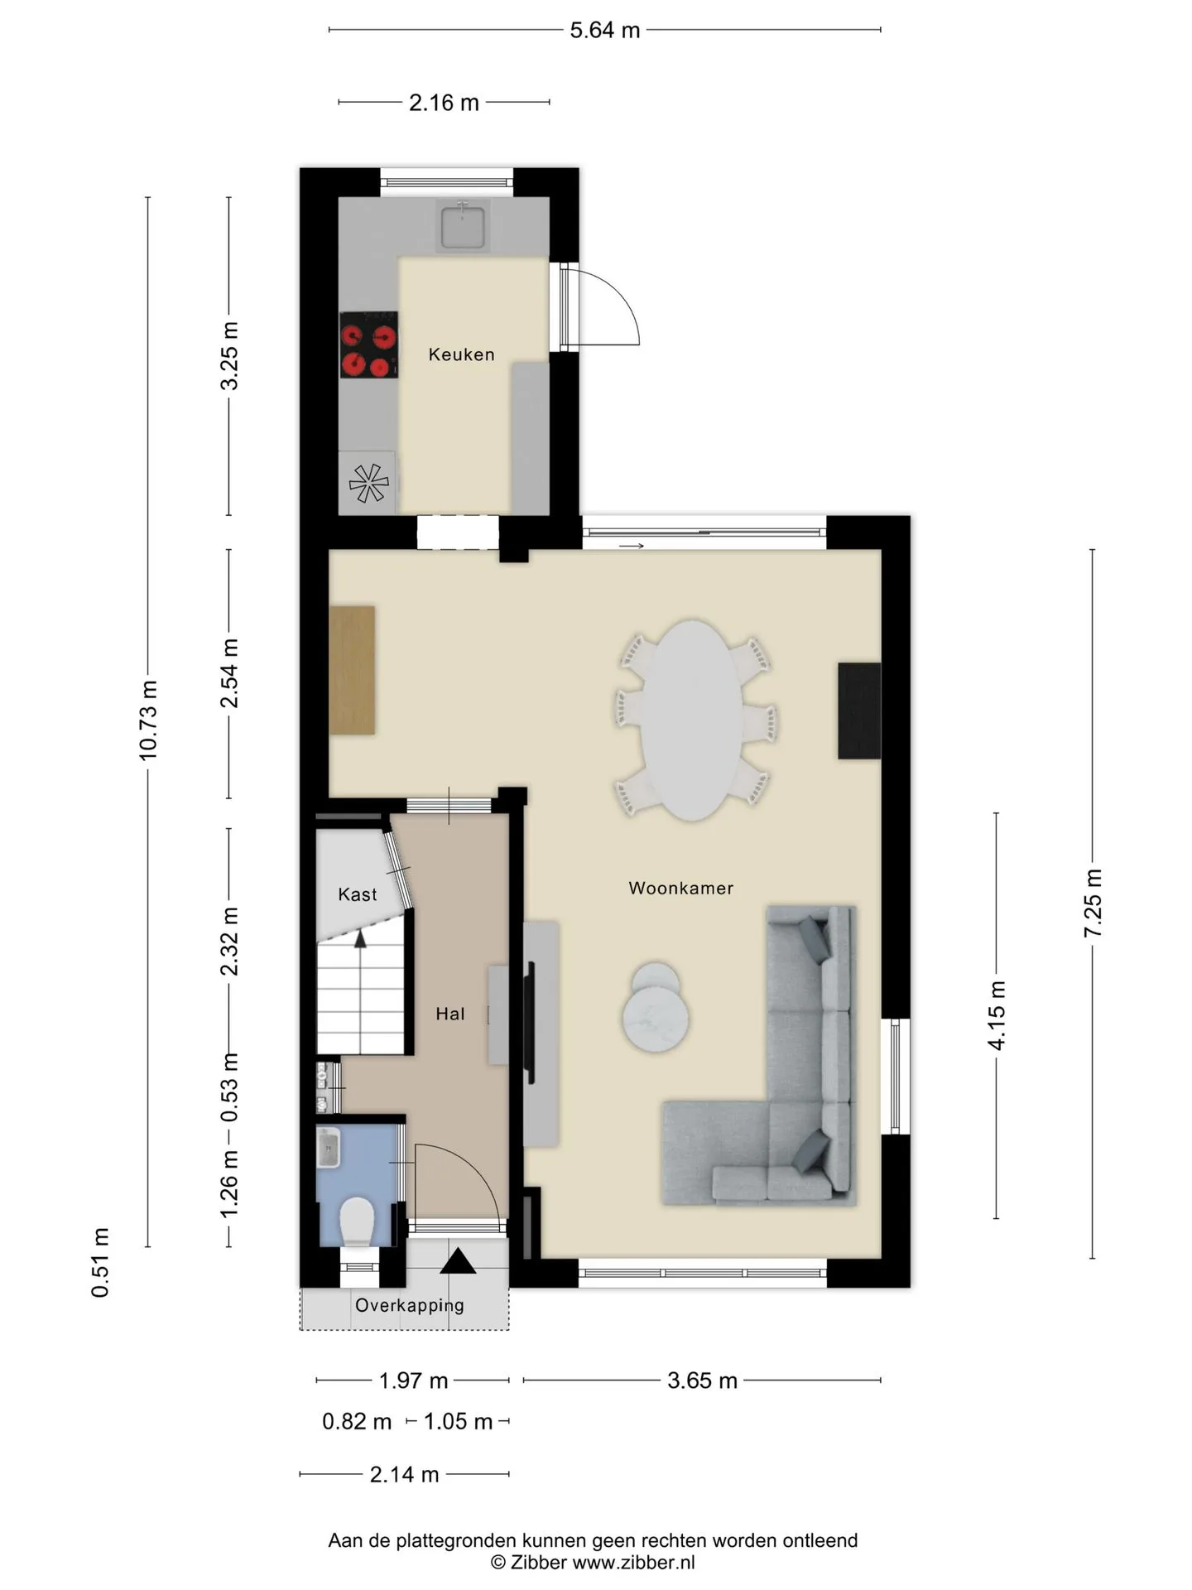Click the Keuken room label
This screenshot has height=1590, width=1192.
tap(461, 354)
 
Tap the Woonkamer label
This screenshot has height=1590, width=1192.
tap(680, 888)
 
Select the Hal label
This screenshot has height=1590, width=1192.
tap(450, 1014)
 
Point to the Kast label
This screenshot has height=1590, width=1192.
tap(358, 894)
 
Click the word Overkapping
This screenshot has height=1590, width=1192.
tap(409, 1305)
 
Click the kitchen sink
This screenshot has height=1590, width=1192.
tap(462, 226)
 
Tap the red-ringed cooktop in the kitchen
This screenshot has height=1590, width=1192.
tap(368, 344)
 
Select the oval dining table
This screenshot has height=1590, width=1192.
tap(693, 720)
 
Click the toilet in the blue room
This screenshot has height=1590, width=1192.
tap(358, 1220)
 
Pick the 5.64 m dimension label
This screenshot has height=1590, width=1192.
tap(605, 30)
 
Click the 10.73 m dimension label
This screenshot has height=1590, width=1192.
tap(148, 720)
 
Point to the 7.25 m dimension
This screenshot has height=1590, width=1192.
tap(1093, 903)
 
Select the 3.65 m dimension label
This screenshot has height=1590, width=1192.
tap(702, 1380)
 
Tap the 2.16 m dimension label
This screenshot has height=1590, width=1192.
tap(444, 102)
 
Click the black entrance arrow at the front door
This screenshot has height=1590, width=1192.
tap(458, 1260)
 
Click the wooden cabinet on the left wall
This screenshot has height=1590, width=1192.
tap(352, 670)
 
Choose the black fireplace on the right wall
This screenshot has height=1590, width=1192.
tap(859, 711)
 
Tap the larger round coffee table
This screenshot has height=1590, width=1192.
tap(656, 1022)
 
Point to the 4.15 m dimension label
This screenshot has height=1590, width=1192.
tap(997, 1015)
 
